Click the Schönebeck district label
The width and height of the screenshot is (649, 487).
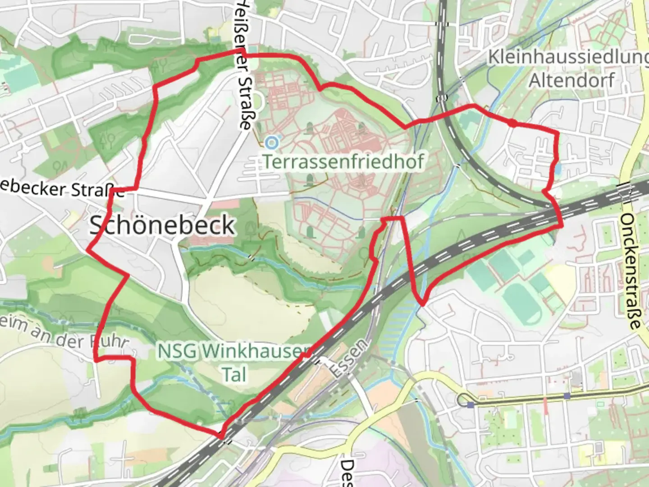(x=163, y=225)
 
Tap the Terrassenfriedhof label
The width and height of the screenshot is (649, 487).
(x=343, y=161)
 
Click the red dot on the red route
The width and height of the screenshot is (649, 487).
(x=512, y=123)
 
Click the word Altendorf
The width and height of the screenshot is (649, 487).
(x=571, y=80)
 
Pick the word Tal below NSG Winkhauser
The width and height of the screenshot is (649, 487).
(x=234, y=374)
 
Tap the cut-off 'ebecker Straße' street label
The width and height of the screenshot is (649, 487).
(x=61, y=188)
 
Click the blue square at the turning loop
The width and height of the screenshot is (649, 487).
(x=471, y=404)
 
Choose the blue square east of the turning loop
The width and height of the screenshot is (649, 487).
(x=567, y=395)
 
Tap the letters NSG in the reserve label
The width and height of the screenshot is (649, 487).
(x=178, y=351)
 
